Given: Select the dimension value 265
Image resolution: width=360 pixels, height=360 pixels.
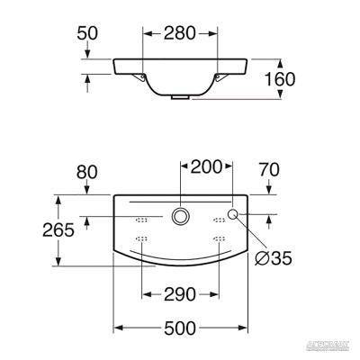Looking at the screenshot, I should [x=33, y=229].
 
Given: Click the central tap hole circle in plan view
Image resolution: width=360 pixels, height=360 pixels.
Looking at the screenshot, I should [x=180, y=217].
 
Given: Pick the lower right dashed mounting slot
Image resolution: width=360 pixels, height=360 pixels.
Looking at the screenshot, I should [x=220, y=238].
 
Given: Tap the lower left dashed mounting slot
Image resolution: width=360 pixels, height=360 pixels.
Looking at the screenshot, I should [x=140, y=238].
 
